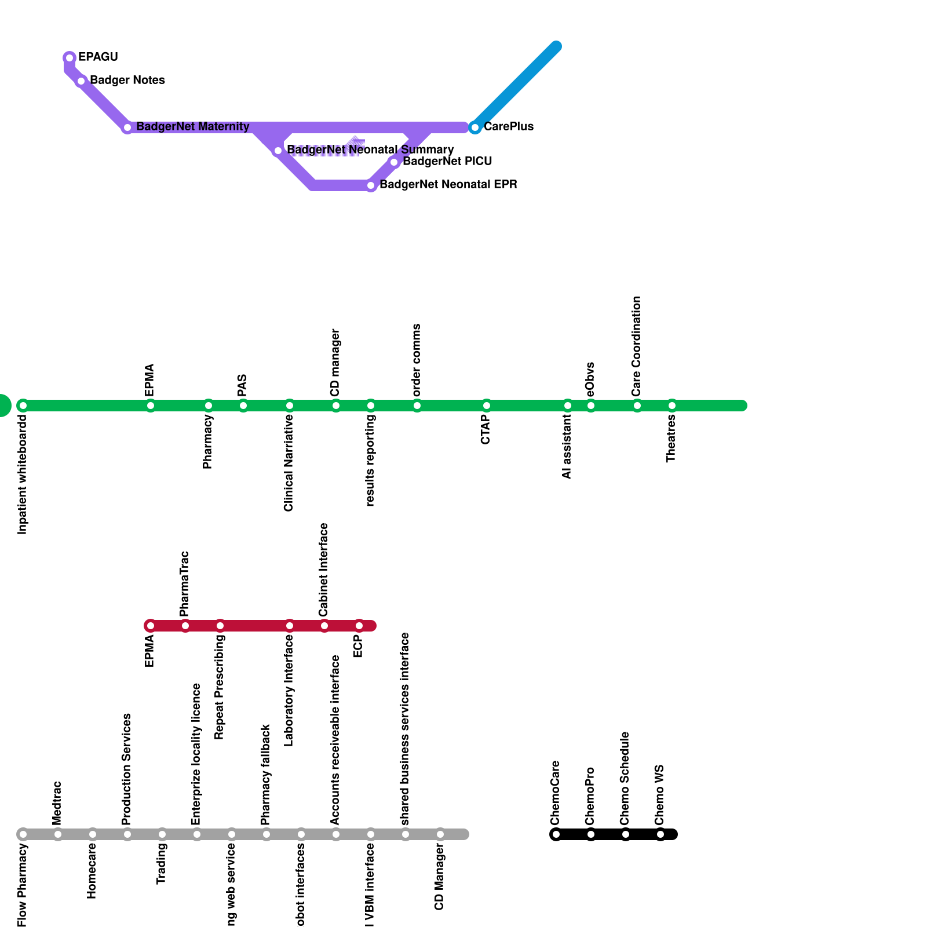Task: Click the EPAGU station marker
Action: [70, 58]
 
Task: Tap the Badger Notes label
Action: [127, 80]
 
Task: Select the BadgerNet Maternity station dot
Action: [127, 127]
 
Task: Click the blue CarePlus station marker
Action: [475, 127]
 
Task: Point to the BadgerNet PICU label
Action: [447, 161]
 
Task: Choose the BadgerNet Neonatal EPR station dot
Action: [371, 185]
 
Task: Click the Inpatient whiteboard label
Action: [23, 475]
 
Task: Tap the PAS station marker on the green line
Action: [243, 406]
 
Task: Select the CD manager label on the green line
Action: [335, 363]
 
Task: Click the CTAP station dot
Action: [487, 406]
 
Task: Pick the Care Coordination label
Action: [637, 346]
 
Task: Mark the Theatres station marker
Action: [672, 406]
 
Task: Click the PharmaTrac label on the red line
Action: [185, 583]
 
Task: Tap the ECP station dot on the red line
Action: [359, 626]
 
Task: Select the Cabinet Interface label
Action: [324, 570]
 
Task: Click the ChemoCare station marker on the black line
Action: [556, 834]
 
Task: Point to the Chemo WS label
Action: [660, 795]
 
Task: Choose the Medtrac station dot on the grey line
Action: [58, 834]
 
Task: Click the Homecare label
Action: [92, 871]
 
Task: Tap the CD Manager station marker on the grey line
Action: [440, 834]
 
